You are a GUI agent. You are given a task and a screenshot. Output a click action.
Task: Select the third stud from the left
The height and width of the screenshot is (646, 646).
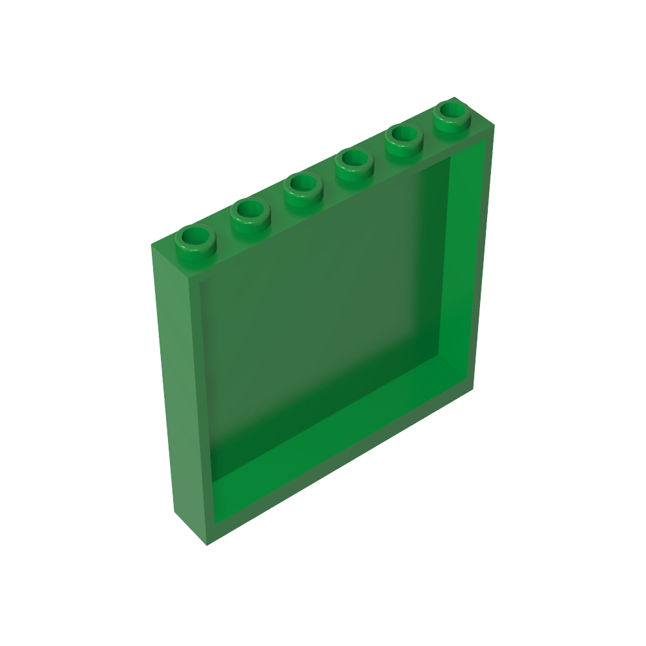(x=302, y=187)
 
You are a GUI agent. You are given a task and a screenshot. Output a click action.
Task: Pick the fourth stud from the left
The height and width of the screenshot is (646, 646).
(x=354, y=161)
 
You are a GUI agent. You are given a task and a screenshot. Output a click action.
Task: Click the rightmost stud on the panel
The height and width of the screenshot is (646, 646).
(x=451, y=114)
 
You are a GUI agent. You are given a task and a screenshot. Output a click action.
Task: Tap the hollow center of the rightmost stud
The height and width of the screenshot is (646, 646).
(x=451, y=110)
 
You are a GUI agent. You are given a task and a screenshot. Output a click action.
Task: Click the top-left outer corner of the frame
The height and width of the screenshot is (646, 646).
(x=152, y=245)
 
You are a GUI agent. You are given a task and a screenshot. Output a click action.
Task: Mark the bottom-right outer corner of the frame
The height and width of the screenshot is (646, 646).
(x=472, y=392)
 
